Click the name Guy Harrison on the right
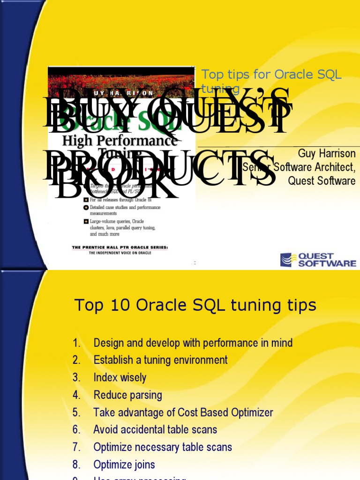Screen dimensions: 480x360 (x=327, y=154)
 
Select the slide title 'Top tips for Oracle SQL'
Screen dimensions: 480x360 (x=271, y=75)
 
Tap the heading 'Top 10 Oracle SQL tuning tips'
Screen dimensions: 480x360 (x=195, y=306)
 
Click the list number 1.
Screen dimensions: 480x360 (x=77, y=343)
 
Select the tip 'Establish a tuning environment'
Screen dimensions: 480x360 (x=160, y=360)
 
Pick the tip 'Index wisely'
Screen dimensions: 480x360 (x=120, y=377)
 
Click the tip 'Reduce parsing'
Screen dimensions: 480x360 (x=127, y=395)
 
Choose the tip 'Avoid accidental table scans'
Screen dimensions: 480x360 (x=155, y=429)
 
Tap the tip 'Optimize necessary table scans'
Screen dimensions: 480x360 (x=163, y=447)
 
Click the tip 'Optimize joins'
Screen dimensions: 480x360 (x=124, y=465)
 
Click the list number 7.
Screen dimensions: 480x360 (x=77, y=447)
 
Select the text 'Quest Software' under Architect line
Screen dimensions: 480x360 (x=322, y=181)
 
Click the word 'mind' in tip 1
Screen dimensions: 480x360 (x=282, y=343)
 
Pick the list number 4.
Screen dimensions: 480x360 (x=77, y=395)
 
